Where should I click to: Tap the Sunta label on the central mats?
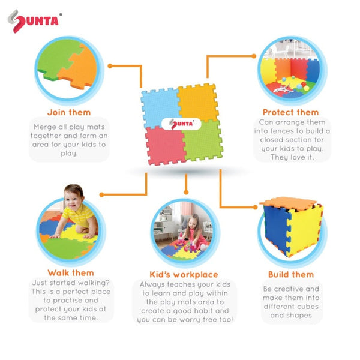(x=182, y=124)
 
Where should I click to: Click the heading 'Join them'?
(x=69, y=112)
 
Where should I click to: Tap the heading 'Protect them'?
(x=291, y=112)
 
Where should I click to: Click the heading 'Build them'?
(x=291, y=275)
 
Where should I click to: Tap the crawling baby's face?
(x=74, y=199)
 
